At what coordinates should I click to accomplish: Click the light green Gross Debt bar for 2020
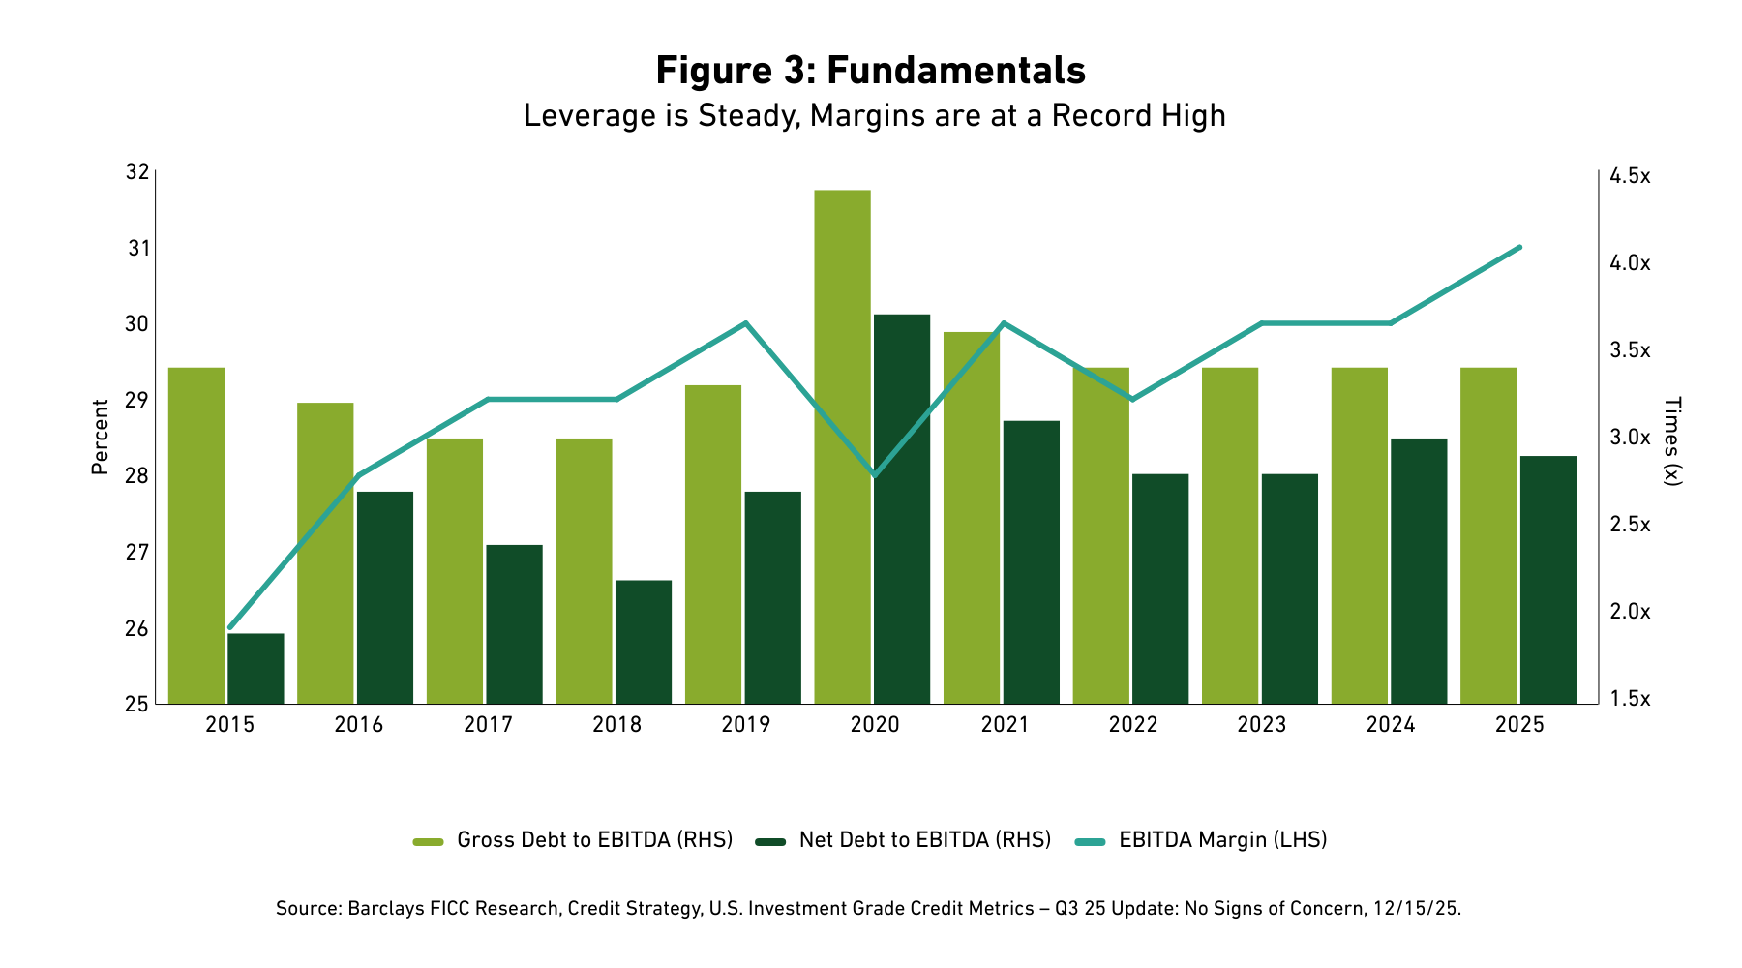pyautogui.click(x=842, y=445)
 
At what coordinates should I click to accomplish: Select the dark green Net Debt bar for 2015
pyautogui.click(x=255, y=668)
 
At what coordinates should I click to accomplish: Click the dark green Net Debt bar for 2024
pyautogui.click(x=1419, y=570)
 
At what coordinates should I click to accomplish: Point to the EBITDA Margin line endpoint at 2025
pyautogui.click(x=1520, y=247)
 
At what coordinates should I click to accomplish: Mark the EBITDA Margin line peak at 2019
pyautogui.click(x=746, y=322)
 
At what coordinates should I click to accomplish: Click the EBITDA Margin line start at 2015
pyautogui.click(x=229, y=628)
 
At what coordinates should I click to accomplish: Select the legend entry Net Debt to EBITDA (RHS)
pyautogui.click(x=924, y=840)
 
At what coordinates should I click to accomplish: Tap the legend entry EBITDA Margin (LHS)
pyautogui.click(x=1222, y=840)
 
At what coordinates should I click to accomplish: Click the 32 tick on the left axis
pyautogui.click(x=137, y=172)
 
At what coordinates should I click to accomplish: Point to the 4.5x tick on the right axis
pyautogui.click(x=1630, y=176)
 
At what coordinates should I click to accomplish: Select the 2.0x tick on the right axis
pyautogui.click(x=1630, y=612)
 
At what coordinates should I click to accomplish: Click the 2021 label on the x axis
pyautogui.click(x=1005, y=725)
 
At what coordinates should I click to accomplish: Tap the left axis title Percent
pyautogui.click(x=100, y=438)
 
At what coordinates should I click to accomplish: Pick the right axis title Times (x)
pyautogui.click(x=1672, y=440)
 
